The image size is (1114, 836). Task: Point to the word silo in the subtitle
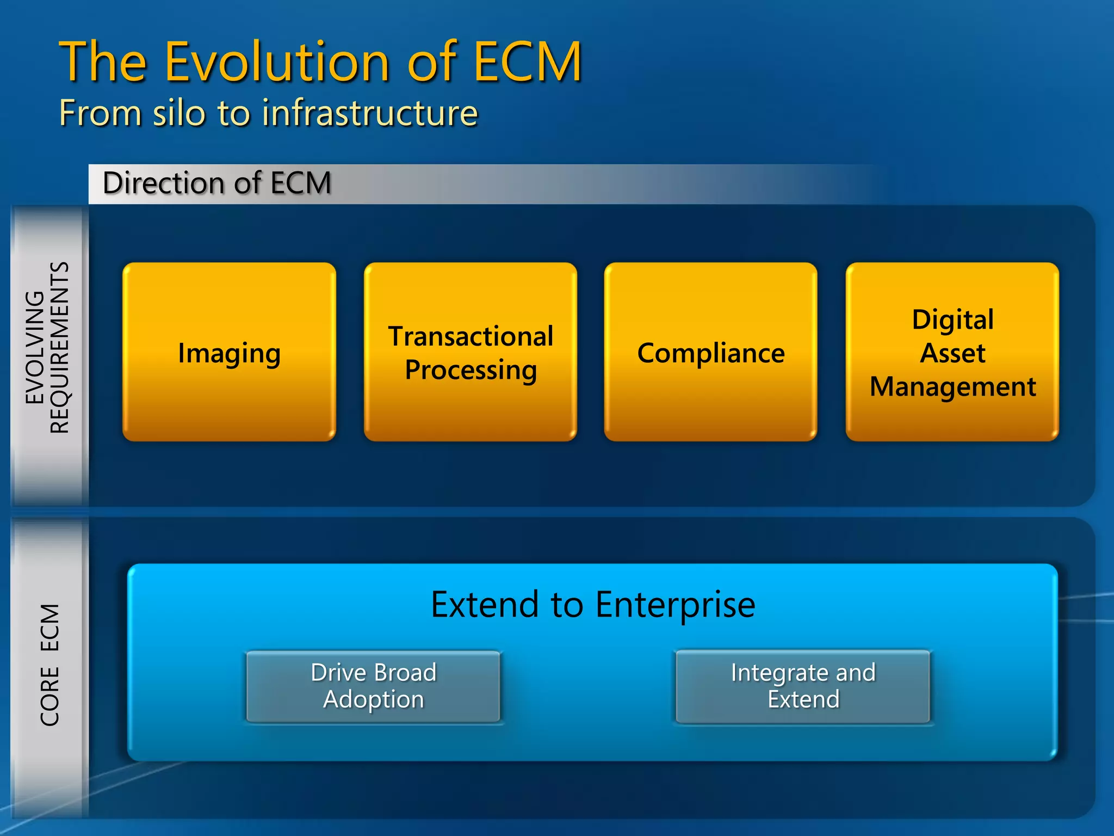179,113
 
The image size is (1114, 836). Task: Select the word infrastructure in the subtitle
370,113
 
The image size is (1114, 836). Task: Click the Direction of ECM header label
216,183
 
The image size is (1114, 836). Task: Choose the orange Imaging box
229,352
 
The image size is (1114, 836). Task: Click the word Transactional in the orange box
471,336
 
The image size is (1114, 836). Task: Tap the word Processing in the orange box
471,370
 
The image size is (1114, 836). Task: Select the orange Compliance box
710,352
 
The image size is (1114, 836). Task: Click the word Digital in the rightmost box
952,319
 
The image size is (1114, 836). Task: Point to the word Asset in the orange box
952,353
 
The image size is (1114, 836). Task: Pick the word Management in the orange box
952,387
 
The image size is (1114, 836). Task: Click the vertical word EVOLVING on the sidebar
35,347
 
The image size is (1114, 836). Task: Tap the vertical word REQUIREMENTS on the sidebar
60,347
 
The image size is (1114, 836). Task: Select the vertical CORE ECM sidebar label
49,664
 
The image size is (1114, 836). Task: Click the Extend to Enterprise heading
593,604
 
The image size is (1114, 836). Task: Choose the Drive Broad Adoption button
373,686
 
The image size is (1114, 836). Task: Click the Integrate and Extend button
803,686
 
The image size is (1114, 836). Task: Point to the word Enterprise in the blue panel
675,605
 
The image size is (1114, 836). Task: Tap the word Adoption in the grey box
373,699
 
